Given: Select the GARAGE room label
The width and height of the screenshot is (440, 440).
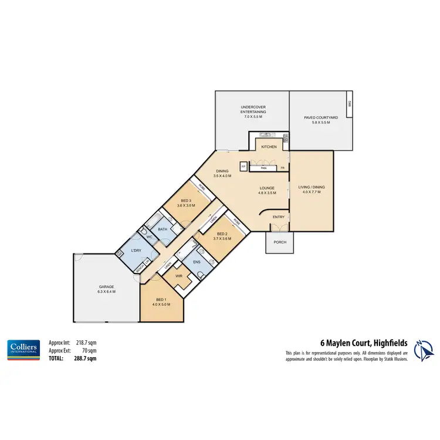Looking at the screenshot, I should point(106,287).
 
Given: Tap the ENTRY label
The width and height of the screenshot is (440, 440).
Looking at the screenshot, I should point(279,217).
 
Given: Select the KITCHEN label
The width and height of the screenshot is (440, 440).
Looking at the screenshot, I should point(269,147).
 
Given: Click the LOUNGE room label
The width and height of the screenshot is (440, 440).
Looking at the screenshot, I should point(268,188).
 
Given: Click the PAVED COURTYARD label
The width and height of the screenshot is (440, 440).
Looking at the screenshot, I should point(321,117).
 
